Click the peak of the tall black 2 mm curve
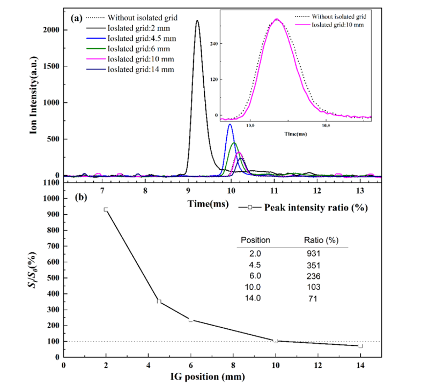197,21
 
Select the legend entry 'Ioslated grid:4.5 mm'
142,39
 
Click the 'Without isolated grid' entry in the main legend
143,18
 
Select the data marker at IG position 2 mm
106,209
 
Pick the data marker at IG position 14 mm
360,346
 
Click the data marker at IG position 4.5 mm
159,301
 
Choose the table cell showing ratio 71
312,299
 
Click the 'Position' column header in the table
255,240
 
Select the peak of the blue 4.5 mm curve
230,124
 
